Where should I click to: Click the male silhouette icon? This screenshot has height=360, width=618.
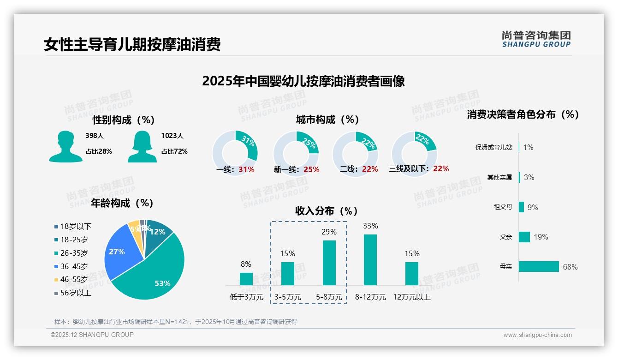tap(65, 146)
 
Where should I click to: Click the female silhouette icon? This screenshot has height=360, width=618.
tap(142, 146)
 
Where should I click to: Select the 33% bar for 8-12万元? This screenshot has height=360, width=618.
tap(370, 259)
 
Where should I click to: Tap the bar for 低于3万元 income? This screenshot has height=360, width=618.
tap(246, 279)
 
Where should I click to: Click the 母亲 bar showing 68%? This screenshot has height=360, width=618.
tap(539, 266)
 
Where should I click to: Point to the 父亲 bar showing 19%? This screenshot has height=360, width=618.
tap(524, 237)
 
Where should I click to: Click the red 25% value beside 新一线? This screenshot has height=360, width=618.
tap(311, 170)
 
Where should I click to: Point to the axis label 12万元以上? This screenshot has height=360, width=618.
tap(411, 297)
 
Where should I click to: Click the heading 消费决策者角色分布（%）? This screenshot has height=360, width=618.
tap(523, 114)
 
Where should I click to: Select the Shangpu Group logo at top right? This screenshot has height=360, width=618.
tap(536, 39)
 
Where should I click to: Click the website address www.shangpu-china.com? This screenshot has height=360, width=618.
tap(537, 335)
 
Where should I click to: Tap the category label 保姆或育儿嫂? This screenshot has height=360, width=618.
tap(493, 148)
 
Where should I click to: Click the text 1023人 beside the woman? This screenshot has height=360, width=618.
tap(172, 136)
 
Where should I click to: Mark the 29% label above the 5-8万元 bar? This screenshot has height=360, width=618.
tap(329, 232)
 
